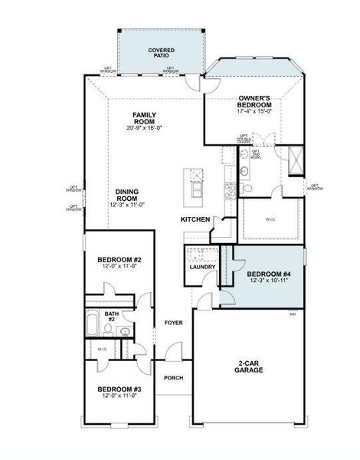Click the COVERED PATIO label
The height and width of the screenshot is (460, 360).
[161, 53]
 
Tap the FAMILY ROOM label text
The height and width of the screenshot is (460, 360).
[144, 118]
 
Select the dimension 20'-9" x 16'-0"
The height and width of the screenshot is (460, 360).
[144, 130]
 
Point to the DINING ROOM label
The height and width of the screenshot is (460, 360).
[126, 195]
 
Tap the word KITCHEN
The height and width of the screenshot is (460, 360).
[195, 219]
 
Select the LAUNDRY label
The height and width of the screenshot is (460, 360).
[202, 267]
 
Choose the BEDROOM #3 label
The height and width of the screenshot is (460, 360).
[119, 389]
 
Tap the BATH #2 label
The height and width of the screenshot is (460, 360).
[111, 316]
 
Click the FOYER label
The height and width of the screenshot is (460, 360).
[173, 323]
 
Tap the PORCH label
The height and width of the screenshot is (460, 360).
[173, 377]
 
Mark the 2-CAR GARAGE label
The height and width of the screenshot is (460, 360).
[249, 366]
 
